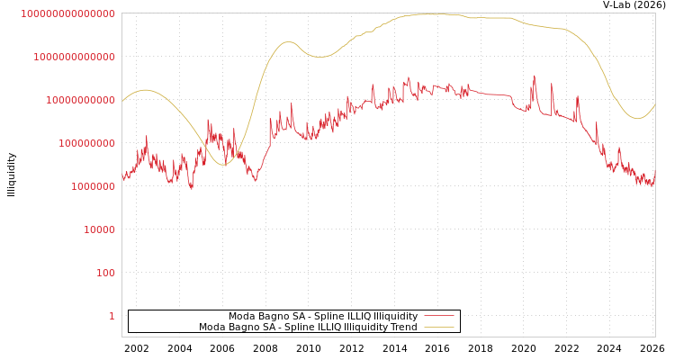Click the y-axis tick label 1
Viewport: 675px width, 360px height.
112,316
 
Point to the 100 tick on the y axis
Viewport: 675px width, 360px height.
105,273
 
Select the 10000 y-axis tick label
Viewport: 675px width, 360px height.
99,229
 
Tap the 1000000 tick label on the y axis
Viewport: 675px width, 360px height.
93,186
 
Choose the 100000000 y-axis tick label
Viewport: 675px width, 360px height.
86,143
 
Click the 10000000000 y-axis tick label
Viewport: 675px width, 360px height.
80,100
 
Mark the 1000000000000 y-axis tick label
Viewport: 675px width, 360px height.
74,57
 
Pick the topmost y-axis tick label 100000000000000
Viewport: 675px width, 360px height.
67,13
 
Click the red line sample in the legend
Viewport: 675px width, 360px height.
439,316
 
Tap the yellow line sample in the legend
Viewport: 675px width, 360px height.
439,328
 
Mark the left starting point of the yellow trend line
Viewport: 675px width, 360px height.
122,101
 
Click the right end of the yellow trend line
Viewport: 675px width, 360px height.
655,104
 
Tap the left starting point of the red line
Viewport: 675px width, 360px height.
122,178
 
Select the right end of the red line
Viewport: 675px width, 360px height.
655,167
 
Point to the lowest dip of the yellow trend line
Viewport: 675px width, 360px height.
224,165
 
